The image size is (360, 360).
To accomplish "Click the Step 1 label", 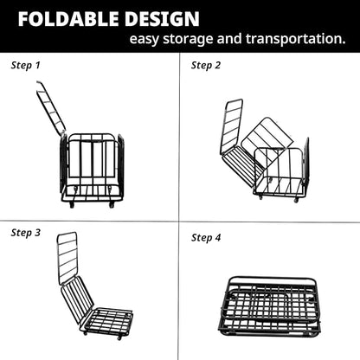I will pos(26,65).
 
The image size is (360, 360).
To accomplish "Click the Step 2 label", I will pos(206,65).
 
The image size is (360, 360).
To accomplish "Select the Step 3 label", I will pos(26,232).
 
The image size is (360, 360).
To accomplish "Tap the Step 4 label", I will pos(206,238).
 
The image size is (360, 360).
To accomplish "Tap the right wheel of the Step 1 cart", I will pos(111,203).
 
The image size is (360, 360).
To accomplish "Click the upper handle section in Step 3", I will pos(67,257).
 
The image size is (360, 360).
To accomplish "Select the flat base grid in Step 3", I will pos(107,322).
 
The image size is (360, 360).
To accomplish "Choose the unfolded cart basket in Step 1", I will pos(92,164).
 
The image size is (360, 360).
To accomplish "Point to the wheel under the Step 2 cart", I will pos(297,199).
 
